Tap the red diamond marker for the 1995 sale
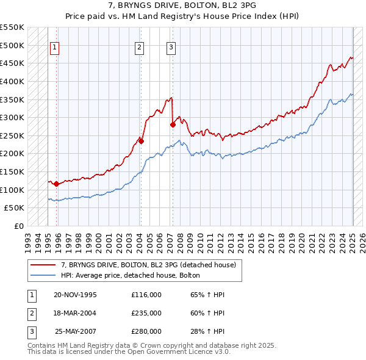pos(56,184)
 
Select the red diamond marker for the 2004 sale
pos(141,141)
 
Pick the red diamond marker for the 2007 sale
pos(173,124)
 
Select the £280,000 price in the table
pos(146,331)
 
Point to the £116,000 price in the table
pos(146,295)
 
